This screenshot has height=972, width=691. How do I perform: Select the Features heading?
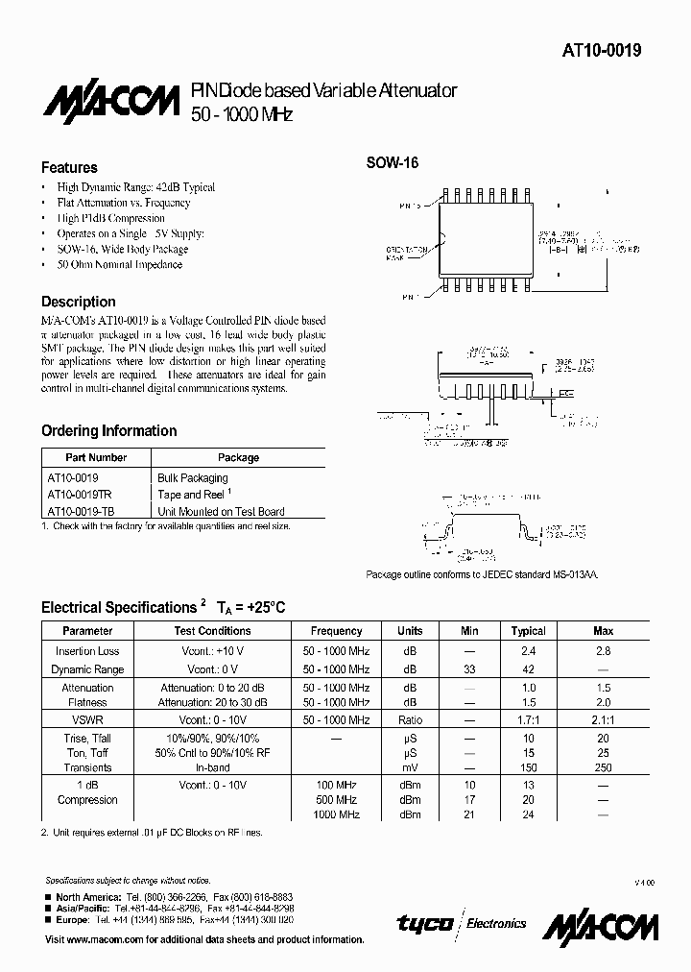point(69,167)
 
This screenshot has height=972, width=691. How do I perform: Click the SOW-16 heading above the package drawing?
point(392,163)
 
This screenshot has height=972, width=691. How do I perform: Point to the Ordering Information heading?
point(108,430)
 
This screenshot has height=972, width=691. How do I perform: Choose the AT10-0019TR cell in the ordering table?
point(79,495)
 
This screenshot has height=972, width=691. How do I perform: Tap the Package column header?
point(238,458)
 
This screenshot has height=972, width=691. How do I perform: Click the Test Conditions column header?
point(212,631)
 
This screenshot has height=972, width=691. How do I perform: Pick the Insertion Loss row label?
point(87,651)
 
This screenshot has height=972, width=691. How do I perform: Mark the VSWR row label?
point(87,718)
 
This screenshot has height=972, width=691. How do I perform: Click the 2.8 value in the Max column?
point(603,651)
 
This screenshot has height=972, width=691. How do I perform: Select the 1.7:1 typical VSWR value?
point(528,718)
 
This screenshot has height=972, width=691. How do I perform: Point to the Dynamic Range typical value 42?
point(528,669)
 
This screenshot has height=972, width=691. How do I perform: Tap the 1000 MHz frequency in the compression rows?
point(336,815)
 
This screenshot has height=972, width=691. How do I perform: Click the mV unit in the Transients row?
point(410,768)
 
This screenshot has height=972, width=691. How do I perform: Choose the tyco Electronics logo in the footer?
point(462,923)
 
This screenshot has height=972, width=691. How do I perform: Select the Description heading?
point(79,302)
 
